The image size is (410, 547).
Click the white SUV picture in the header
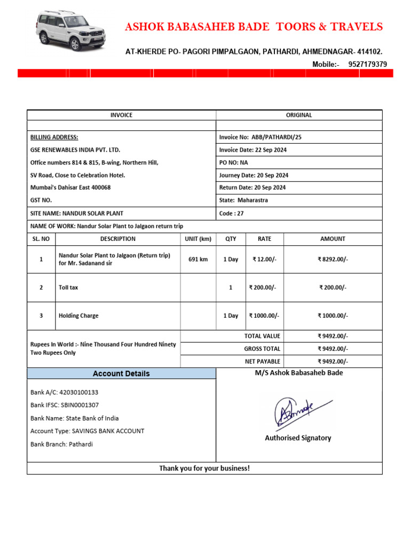[x=70, y=30]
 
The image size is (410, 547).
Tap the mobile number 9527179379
[x=367, y=64]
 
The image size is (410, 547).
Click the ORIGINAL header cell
[x=299, y=115]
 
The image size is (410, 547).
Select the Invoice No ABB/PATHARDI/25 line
[x=260, y=137]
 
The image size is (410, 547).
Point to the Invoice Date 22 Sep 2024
[x=253, y=150]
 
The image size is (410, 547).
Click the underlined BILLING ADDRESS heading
[x=54, y=137]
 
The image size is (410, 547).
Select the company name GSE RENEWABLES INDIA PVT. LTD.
[x=75, y=150]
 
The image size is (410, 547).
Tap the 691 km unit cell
[x=198, y=260]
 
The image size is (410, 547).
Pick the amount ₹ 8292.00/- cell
[x=333, y=260]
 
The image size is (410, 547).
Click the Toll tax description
[x=68, y=287]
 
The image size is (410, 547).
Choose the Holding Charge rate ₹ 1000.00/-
[x=264, y=316]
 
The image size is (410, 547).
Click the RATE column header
[x=264, y=239]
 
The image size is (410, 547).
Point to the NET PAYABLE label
[x=262, y=362]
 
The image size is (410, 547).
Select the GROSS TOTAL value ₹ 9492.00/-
[x=333, y=349]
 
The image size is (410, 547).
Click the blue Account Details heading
[x=121, y=373]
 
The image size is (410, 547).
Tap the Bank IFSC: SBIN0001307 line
[x=65, y=405]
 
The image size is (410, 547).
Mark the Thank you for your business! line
[x=204, y=468]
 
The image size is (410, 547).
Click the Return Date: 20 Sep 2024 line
[x=252, y=187]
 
